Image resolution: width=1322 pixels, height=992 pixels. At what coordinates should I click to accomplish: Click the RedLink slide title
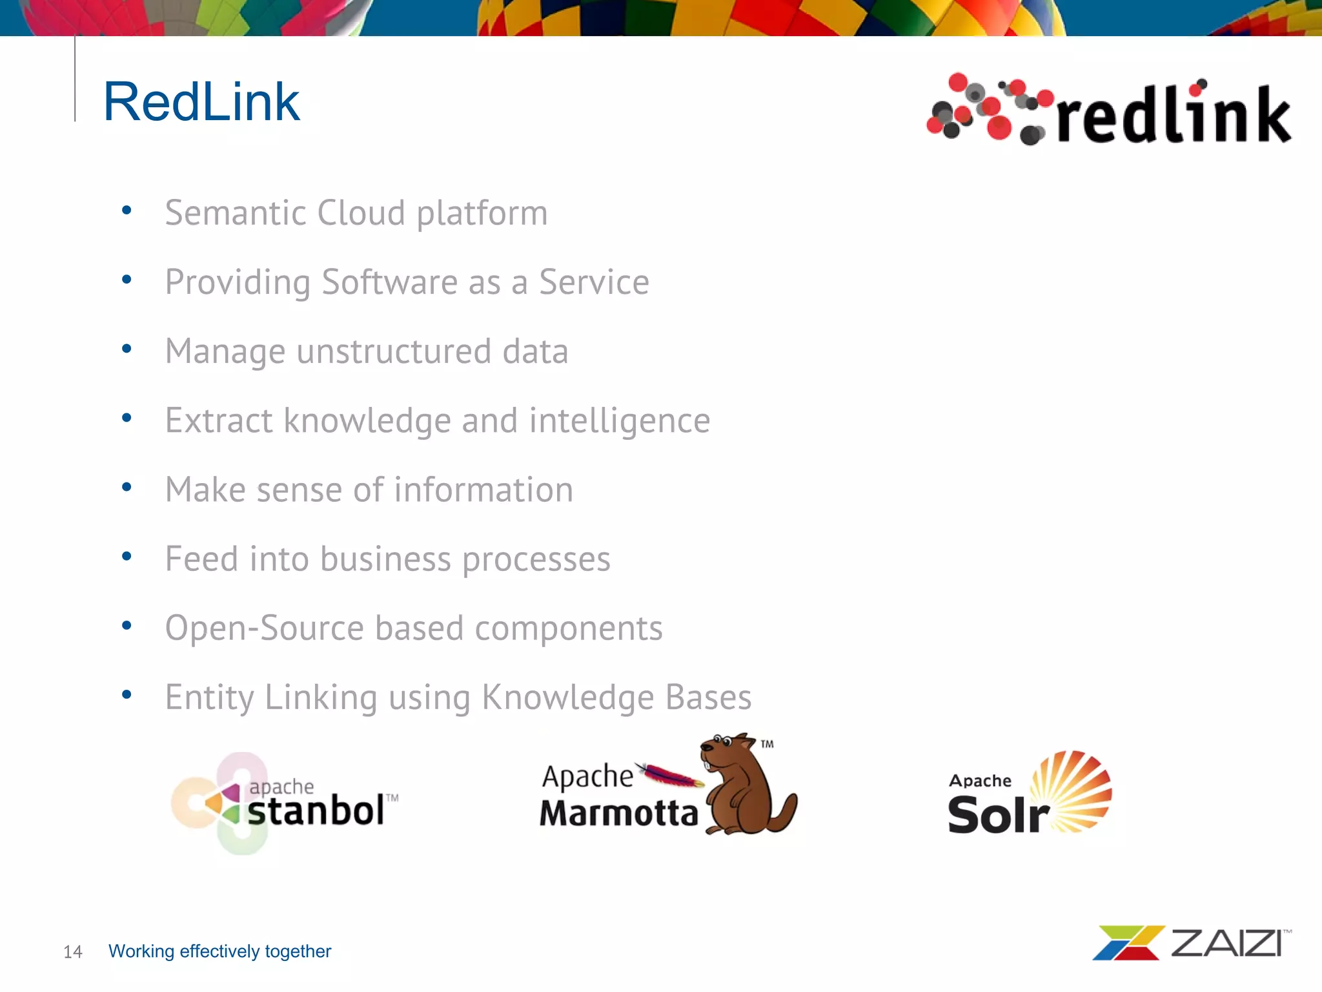[x=201, y=101]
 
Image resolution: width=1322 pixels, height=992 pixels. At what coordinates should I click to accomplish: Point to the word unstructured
[x=394, y=351]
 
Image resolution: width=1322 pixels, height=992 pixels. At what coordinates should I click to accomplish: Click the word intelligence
[x=620, y=421]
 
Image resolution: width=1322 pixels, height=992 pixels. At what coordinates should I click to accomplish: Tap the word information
[x=483, y=490]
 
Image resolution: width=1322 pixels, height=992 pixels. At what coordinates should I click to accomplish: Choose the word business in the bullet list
[x=385, y=559]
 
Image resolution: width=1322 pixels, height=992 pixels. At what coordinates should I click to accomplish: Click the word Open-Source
[x=265, y=628]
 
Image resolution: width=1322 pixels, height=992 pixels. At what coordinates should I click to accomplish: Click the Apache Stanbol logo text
[x=316, y=810]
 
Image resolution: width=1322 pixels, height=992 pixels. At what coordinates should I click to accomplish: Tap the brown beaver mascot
[x=749, y=785]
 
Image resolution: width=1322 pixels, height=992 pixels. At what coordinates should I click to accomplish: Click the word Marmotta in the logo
[x=618, y=813]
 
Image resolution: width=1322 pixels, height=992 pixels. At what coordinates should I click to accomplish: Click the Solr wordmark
[x=998, y=815]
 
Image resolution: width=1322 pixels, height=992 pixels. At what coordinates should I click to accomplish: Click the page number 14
[x=73, y=951]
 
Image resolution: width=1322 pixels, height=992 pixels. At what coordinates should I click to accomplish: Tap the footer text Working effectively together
[x=219, y=951]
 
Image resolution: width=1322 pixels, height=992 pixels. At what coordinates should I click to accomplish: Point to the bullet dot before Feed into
[x=127, y=556]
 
